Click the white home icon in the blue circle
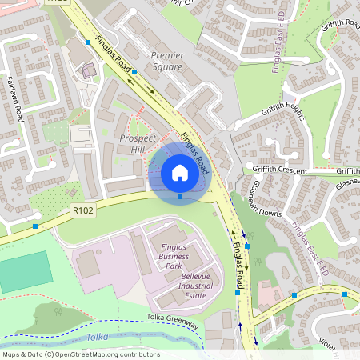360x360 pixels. (180, 172)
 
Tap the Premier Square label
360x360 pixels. (167, 62)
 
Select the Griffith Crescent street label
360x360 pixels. (290, 170)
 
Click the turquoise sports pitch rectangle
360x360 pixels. (25, 272)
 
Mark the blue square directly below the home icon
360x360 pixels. (180, 196)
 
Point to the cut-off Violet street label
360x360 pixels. (349, 343)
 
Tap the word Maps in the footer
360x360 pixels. (12, 354)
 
